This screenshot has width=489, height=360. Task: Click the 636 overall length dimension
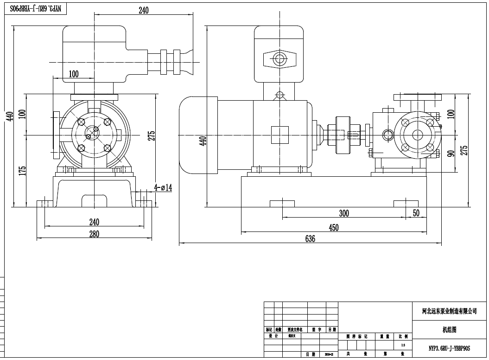pyautogui.click(x=310, y=239)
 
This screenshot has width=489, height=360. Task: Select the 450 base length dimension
pyautogui.click(x=334, y=227)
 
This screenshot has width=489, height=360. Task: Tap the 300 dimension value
pyautogui.click(x=343, y=213)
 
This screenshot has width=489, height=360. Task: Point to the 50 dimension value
pyautogui.click(x=416, y=213)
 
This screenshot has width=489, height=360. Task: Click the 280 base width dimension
pyautogui.click(x=94, y=234)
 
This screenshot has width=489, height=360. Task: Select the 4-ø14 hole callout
pyautogui.click(x=163, y=188)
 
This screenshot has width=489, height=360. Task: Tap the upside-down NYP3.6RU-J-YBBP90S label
pyautogui.click(x=38, y=8)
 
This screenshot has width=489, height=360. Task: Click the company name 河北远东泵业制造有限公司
pyautogui.click(x=449, y=311)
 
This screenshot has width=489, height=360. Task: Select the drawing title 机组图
pyautogui.click(x=449, y=330)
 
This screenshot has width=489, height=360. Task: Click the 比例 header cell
pyautogui.click(x=403, y=336)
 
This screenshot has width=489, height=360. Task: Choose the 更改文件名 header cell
pyautogui.click(x=295, y=329)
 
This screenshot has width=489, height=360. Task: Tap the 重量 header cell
pyautogui.click(x=384, y=336)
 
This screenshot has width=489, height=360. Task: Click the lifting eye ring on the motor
pyautogui.click(x=279, y=96)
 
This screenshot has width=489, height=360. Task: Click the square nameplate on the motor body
pyautogui.click(x=279, y=135)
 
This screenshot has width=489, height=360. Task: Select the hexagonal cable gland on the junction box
pyautogui.click(x=279, y=59)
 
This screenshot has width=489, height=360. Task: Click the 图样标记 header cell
pyautogui.click(x=356, y=336)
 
